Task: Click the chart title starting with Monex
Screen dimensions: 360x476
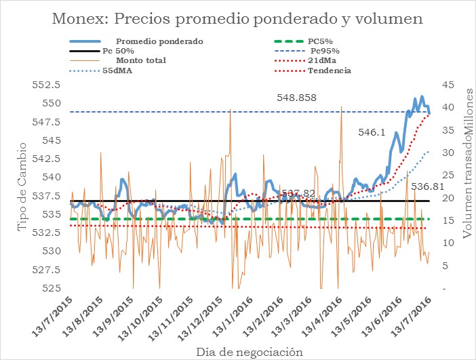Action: point(237,19)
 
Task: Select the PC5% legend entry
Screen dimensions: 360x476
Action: point(319,41)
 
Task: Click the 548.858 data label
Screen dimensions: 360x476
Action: point(296,98)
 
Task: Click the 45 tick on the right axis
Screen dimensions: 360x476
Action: point(448,85)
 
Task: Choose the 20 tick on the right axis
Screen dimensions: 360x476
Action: point(448,198)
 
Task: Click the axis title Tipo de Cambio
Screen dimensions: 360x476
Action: point(22,187)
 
